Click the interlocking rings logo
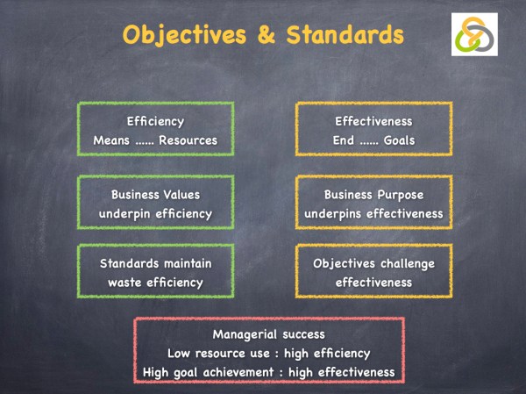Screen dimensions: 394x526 (x=474, y=35)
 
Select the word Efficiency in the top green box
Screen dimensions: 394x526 (x=155, y=121)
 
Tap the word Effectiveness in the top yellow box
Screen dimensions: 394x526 (x=373, y=121)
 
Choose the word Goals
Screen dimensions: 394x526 (x=403, y=140)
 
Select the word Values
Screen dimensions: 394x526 (x=182, y=195)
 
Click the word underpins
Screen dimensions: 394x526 (x=334, y=213)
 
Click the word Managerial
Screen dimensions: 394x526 (x=244, y=334)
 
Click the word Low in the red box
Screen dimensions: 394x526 (x=181, y=353)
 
